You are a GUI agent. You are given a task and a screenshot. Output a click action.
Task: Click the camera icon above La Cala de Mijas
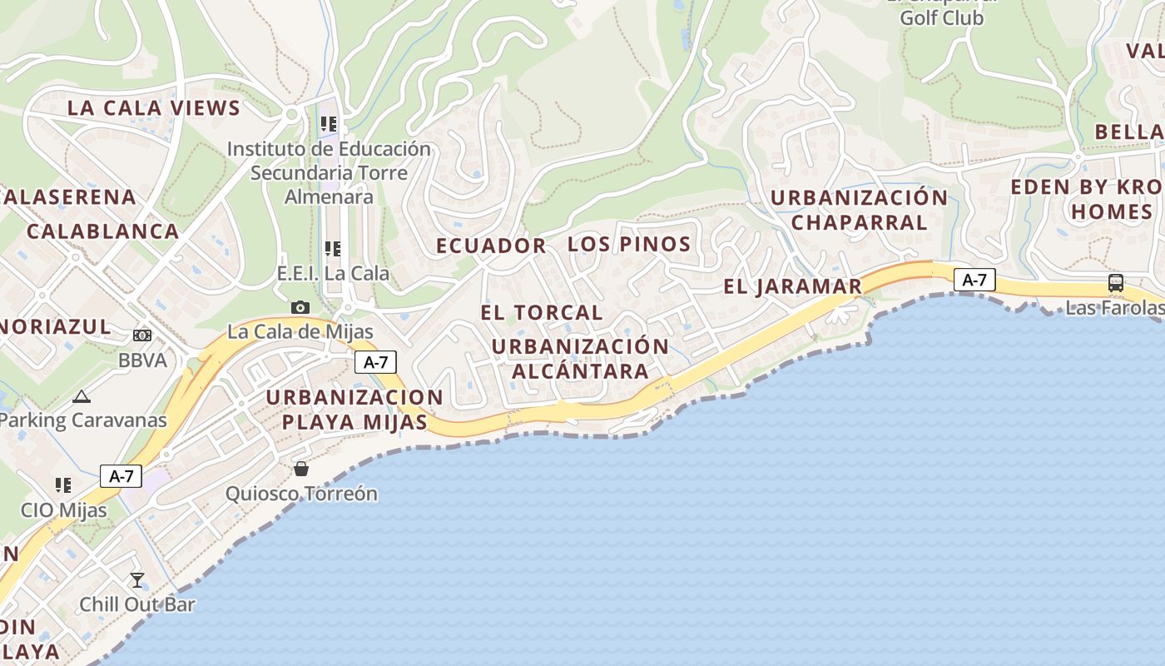300,308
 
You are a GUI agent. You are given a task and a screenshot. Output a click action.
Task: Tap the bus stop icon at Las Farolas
1116,283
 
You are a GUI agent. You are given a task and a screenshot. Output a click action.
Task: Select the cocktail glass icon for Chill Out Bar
137,579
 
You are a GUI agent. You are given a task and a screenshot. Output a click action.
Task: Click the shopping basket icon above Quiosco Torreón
301,469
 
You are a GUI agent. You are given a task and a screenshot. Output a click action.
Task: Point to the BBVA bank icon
142,335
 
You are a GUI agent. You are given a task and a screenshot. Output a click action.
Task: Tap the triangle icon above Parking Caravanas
81,396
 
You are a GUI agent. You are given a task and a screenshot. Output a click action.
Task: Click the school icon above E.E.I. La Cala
333,248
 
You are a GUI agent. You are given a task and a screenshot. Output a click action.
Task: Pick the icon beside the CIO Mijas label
63,485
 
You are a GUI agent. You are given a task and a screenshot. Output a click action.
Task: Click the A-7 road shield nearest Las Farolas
974,280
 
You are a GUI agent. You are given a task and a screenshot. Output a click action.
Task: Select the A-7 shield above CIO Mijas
121,476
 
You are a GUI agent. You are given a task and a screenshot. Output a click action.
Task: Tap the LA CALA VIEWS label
154,107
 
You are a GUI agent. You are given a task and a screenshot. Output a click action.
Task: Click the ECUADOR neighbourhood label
491,246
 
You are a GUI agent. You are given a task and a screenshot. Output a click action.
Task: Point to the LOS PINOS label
629,244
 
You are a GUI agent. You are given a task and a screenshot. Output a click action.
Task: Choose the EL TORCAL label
542,313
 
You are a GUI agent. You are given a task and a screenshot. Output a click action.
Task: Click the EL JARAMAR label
792,287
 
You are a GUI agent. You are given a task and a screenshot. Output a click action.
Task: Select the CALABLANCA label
103,231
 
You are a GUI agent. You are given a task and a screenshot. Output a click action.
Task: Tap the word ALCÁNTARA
580,371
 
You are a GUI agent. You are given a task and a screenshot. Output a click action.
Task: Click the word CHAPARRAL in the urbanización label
859,222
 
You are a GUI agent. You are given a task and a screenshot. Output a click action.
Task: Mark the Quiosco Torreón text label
301,494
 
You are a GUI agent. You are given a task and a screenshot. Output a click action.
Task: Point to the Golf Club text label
942,17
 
